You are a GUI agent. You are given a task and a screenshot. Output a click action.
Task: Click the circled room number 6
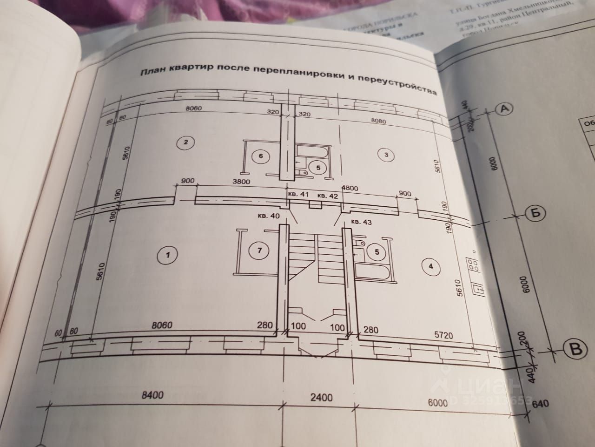261,156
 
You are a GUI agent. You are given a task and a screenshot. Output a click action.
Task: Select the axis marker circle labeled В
575,349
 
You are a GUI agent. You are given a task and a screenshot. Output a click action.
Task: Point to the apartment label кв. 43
362,222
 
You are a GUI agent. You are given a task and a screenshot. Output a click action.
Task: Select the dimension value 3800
241,182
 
